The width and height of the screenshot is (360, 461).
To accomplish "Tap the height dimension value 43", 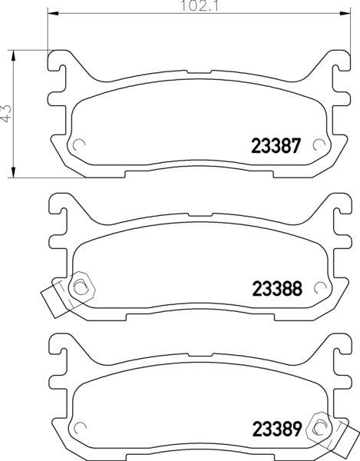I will [8, 113].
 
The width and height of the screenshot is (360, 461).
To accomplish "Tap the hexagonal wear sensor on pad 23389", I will [319, 426].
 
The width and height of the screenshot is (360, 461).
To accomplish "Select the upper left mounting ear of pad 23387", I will [61, 62].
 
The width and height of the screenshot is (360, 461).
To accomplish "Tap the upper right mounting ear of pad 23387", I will [335, 62].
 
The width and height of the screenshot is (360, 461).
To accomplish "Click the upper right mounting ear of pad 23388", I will [335, 204].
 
